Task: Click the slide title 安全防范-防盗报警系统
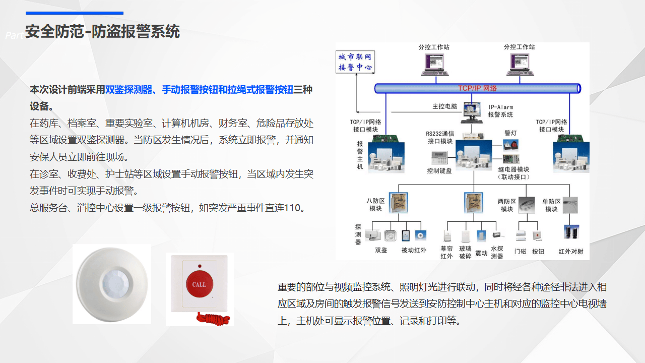102,32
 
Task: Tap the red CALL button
199,284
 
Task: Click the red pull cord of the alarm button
214,319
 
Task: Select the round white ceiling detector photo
112,284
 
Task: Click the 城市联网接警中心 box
355,62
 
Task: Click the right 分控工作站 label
519,47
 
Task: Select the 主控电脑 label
444,107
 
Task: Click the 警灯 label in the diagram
510,133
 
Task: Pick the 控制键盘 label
439,171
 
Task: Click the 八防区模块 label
375,205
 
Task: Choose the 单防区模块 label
551,205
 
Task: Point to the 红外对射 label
570,251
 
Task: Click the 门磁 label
520,251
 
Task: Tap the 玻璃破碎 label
465,252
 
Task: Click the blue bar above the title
74,13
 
